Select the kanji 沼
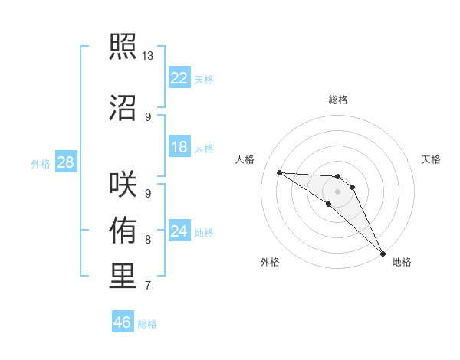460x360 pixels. point(123,106)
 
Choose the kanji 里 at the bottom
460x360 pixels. point(123,277)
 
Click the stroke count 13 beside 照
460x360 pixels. point(148,56)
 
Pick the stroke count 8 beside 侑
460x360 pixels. point(148,240)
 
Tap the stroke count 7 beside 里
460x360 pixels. point(148,286)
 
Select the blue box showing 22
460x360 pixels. point(179,78)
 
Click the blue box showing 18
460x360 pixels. point(179,147)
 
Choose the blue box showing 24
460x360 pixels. point(179,231)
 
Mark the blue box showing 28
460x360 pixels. point(65,162)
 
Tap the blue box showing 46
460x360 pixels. point(123,322)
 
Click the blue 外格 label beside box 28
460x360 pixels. point(41,163)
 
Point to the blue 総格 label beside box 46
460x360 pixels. point(147,324)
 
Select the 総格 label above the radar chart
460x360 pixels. point(337,100)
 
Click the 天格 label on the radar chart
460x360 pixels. point(431,159)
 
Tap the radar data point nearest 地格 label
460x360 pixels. point(383,253)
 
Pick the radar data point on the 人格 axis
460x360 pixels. point(279,172)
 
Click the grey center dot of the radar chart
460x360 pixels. point(337,191)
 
